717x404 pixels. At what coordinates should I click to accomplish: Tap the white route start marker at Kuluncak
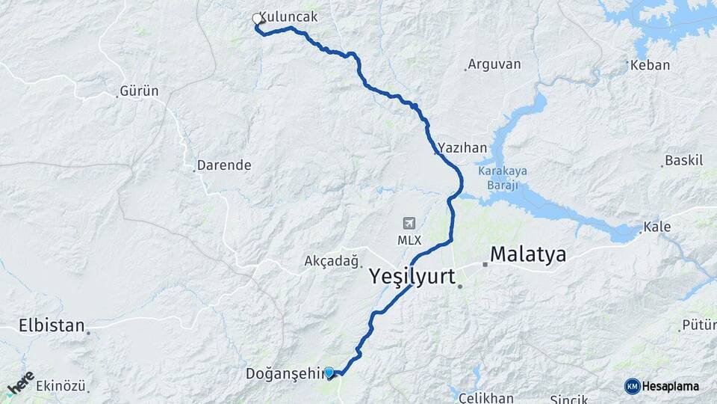click(258, 19)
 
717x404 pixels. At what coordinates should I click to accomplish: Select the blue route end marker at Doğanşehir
click(329, 372)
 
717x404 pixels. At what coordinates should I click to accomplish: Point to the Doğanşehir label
click(286, 373)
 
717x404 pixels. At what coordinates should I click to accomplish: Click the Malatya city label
click(527, 255)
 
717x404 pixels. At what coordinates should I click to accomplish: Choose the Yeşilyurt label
click(412, 277)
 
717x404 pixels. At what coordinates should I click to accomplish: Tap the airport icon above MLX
click(409, 223)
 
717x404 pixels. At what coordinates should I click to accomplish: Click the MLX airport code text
click(409, 239)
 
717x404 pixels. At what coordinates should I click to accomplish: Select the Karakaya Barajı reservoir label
click(502, 177)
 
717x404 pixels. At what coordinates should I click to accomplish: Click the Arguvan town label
click(494, 64)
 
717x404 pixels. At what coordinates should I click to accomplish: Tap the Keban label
click(650, 65)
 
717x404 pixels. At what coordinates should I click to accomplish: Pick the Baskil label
click(684, 160)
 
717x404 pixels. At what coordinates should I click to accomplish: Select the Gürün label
click(140, 91)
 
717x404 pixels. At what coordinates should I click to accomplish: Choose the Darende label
click(223, 165)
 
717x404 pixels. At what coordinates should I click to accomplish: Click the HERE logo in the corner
click(21, 383)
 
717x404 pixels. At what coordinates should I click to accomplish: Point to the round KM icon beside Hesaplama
click(633, 386)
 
